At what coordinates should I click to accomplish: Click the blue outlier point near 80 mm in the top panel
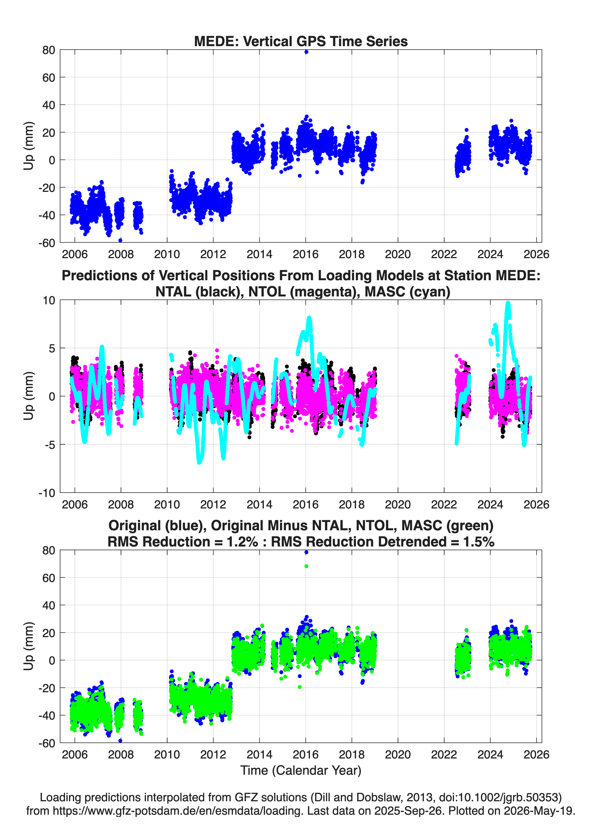tap(306, 52)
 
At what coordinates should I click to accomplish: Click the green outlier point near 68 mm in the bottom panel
tap(306, 566)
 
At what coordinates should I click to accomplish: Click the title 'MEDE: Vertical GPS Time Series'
tap(301, 41)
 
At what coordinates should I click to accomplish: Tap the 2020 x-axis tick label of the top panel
tap(398, 254)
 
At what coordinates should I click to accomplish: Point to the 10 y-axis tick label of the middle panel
tap(49, 300)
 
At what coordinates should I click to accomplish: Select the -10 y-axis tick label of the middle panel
tap(47, 493)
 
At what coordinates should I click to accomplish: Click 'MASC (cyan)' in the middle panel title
tap(407, 292)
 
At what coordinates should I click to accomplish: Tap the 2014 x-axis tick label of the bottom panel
tap(259, 754)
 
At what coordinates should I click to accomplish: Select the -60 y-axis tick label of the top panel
tap(47, 243)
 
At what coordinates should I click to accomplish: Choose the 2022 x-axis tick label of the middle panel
tap(444, 504)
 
